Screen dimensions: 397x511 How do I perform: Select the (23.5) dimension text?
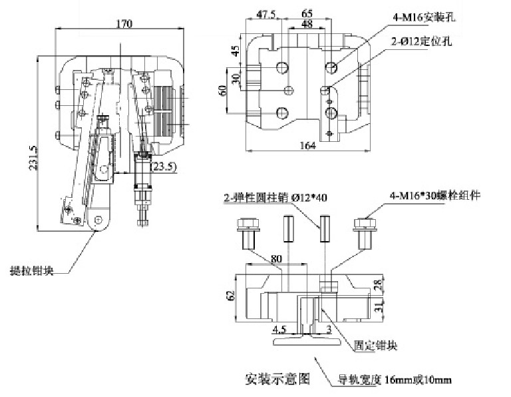pos(163,167)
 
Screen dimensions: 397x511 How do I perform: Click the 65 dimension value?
pos(307,13)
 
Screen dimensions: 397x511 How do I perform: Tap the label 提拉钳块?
pos(33,270)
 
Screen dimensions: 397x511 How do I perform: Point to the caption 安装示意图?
pos(278,378)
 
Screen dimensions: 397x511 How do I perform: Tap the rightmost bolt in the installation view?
pos(363,232)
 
